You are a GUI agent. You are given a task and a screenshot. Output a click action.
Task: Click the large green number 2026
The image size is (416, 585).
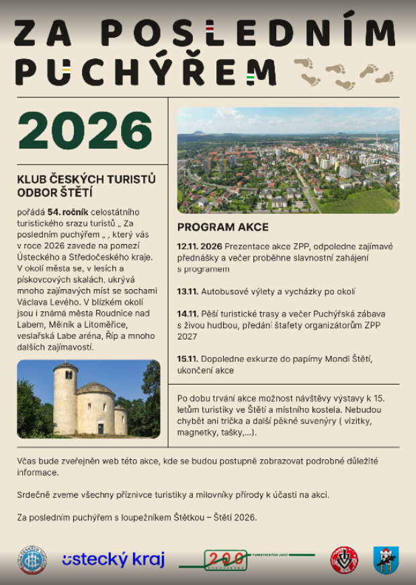click(85, 130)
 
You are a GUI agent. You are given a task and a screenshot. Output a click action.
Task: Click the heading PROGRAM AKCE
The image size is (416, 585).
click(222, 227)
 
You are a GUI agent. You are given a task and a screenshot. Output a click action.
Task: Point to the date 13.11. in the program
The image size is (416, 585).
click(188, 292)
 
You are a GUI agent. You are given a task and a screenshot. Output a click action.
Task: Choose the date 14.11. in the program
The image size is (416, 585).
click(188, 314)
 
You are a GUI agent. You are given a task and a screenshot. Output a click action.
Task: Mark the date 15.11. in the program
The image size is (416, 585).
click(188, 359)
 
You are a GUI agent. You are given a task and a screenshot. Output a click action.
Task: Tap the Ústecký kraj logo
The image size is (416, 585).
click(113, 559)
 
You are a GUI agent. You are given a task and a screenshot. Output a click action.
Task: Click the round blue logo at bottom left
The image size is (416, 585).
click(32, 560)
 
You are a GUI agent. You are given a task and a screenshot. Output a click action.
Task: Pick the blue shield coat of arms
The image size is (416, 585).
click(385, 560)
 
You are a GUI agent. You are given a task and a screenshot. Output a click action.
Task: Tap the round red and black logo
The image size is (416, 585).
click(344, 560)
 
